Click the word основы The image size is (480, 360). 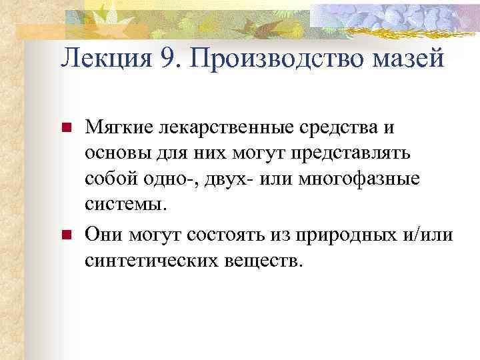[x=115, y=153]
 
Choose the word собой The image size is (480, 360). [x=109, y=180]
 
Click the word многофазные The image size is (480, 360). [x=350, y=180]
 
